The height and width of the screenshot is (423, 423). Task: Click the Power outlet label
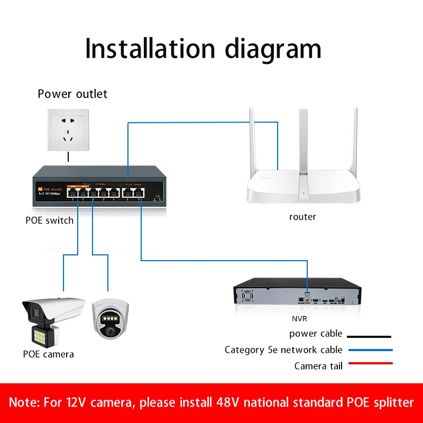click(x=72, y=94)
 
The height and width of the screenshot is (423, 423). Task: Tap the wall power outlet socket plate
click(x=68, y=130)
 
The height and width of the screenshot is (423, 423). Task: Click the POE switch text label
click(x=50, y=220)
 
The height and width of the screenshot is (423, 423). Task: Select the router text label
click(x=302, y=217)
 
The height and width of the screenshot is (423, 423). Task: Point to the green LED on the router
click(x=302, y=193)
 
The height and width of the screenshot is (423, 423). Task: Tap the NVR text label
click(x=299, y=319)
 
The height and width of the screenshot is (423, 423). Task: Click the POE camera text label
click(x=49, y=354)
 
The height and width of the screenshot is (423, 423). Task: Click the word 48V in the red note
click(x=230, y=402)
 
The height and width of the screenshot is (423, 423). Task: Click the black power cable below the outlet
click(x=68, y=157)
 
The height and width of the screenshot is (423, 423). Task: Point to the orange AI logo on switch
click(x=40, y=188)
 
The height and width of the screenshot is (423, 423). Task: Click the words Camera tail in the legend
click(x=318, y=366)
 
